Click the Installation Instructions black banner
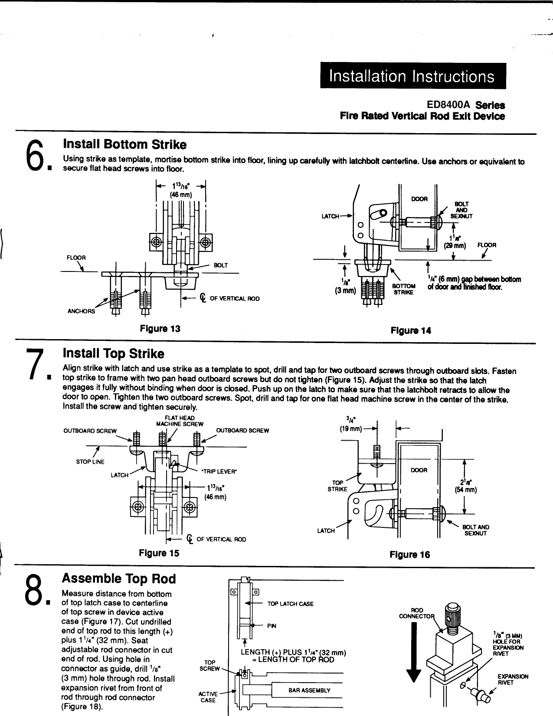pos(412,76)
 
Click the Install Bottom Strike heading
pos(125,144)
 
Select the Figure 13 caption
pos(160,328)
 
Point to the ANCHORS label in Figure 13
pos(81,311)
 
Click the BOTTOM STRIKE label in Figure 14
pos(404,289)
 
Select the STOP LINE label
pos(90,462)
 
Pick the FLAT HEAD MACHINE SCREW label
pos(180,421)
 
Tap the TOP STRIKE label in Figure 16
pos(338,486)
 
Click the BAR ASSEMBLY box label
pos(309,690)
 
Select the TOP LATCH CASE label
pos(290,604)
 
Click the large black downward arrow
pos(415,651)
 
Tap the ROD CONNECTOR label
pos(411,612)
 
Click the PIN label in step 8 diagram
pos(272,626)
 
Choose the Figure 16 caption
pos(410,555)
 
